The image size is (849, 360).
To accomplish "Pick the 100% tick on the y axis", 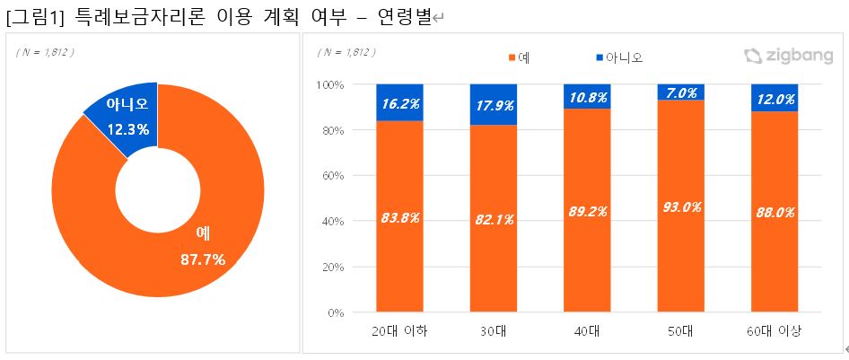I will coord(332,84).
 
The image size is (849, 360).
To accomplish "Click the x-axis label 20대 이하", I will coord(399,332).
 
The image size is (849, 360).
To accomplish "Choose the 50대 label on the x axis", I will coord(680,332).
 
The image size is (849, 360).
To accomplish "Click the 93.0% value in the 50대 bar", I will coord(680,206).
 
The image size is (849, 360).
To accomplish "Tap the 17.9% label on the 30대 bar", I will coord(493,106).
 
